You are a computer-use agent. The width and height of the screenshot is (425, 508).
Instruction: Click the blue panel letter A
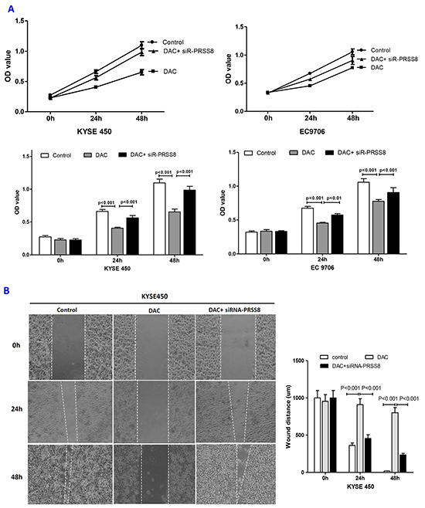tap(11, 9)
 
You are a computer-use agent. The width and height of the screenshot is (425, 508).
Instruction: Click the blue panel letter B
tap(6, 290)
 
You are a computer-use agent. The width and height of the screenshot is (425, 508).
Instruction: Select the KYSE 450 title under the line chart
tap(94, 131)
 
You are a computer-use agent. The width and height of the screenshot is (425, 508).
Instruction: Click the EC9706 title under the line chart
tap(312, 131)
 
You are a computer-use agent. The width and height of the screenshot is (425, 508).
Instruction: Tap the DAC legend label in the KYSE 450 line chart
tap(170, 71)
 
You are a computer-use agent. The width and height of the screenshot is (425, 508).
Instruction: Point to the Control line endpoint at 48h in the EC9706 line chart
tap(352, 52)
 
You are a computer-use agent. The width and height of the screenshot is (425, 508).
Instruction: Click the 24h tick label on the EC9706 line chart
tap(311, 118)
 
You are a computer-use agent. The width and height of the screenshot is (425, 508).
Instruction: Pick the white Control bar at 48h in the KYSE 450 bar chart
tap(159, 218)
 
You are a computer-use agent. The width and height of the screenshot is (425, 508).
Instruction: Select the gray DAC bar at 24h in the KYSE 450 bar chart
tap(117, 242)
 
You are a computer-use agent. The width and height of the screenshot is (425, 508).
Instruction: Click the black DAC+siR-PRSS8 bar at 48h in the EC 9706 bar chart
tap(393, 223)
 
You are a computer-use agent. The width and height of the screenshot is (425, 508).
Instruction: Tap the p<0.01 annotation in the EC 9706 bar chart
tap(334, 198)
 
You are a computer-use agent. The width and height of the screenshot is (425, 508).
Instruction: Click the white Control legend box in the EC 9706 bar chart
tap(248, 153)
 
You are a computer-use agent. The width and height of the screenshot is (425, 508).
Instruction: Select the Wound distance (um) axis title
tap(288, 417)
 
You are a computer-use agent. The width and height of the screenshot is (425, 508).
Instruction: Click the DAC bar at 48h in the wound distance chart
tap(395, 442)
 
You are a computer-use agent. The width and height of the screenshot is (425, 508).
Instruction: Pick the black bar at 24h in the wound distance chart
tap(368, 456)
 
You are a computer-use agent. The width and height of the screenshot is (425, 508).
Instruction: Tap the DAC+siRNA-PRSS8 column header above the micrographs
tap(234, 310)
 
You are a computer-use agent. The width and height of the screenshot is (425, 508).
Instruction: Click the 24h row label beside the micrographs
tap(16, 409)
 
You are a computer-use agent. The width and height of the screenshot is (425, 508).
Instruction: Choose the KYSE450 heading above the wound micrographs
tap(155, 296)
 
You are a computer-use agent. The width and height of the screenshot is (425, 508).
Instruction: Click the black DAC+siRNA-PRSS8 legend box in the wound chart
tap(325, 366)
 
